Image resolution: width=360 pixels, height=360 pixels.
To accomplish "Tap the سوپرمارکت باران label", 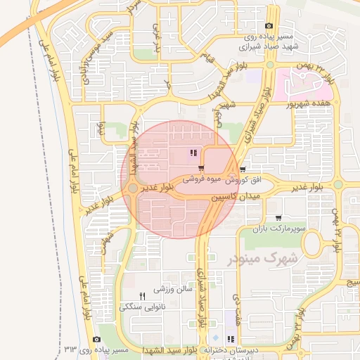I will [x=281, y=229].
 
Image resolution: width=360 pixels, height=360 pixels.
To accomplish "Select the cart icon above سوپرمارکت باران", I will [x=280, y=218].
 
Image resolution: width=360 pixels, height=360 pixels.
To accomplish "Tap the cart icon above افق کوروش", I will [x=243, y=169].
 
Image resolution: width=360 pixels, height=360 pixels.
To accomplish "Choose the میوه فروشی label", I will [x=202, y=179].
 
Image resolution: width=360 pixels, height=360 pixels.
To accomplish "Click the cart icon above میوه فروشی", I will [x=202, y=169].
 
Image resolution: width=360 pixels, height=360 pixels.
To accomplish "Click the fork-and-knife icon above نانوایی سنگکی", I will [x=143, y=295].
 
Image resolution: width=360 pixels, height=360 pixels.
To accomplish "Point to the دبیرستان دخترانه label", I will [x=232, y=350].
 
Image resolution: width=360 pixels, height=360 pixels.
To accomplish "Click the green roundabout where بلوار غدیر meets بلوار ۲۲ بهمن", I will [x=337, y=185].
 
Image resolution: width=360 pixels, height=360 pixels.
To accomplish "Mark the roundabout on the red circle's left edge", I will [x=133, y=188].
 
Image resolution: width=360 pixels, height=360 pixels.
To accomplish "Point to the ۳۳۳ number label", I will [x=70, y=349].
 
